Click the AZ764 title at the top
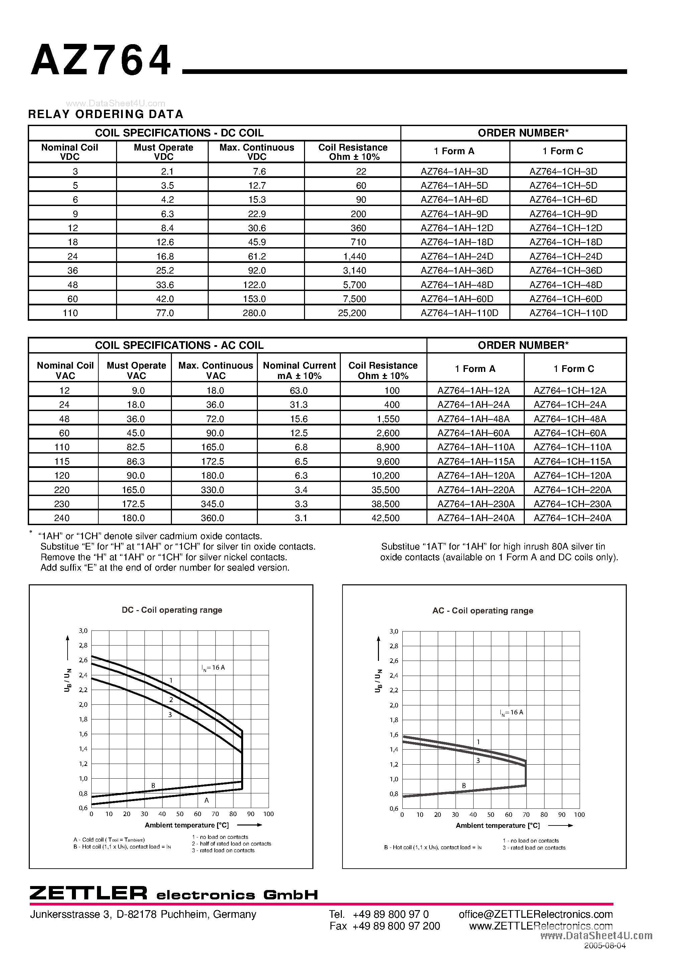pos(101,61)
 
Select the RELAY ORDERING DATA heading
pos(106,114)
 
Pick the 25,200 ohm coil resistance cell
pos(352,313)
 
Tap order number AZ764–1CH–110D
pos(568,313)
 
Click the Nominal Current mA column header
pos(299,371)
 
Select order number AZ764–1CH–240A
pos(572,518)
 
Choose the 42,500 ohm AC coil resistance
pos(385,518)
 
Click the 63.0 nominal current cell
pos(299,391)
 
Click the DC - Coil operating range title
pos(172,610)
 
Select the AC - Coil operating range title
pos(483,611)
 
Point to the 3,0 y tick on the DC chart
pos(83,631)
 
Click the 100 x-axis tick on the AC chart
pos(579,815)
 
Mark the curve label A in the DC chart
pos(207,800)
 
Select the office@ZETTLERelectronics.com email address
pos(535,914)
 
